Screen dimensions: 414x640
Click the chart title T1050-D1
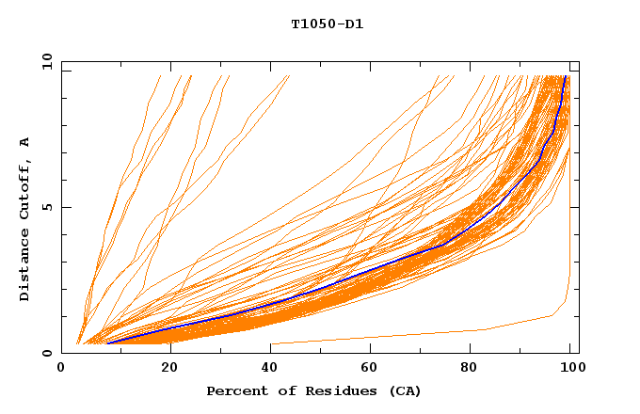(x=327, y=24)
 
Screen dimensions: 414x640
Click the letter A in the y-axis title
(x=24, y=142)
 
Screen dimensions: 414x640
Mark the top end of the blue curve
(x=565, y=76)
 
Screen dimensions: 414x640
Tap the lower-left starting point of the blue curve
(x=107, y=342)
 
